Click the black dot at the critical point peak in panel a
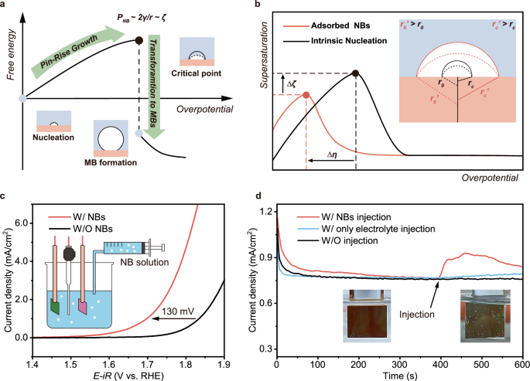click(138, 39)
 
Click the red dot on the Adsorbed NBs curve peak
click(306, 94)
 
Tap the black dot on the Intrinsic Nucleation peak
click(355, 73)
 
